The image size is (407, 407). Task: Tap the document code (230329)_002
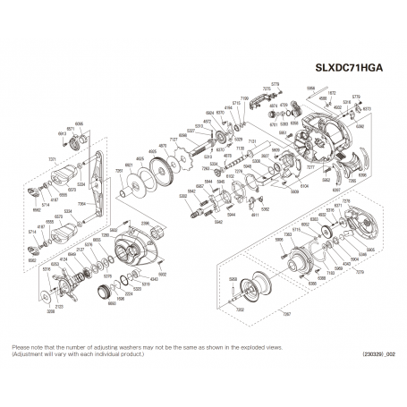coord(373,355)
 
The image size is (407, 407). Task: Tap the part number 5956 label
coord(310,89)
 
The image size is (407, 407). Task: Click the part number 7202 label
coord(240,308)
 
